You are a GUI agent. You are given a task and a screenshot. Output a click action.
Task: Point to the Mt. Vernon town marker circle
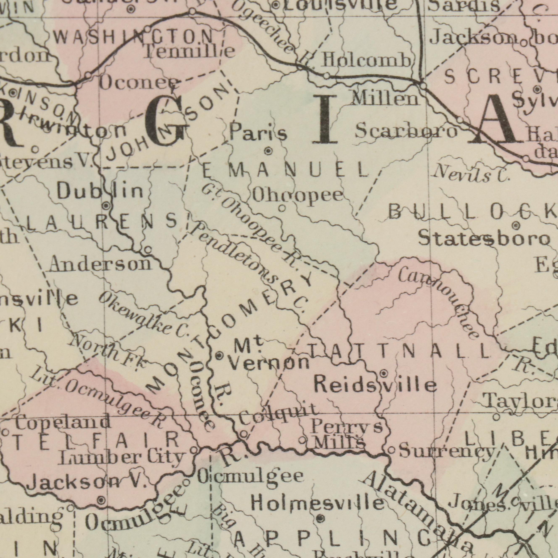[219, 356]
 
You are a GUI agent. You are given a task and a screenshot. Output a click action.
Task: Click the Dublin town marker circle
[106, 206]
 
